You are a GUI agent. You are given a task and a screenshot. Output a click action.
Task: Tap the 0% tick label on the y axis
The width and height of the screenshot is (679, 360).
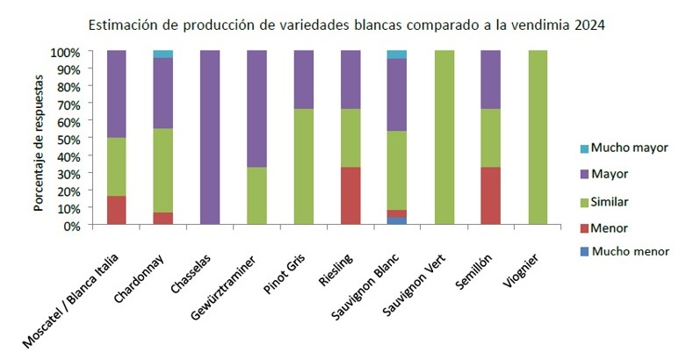tap(72, 226)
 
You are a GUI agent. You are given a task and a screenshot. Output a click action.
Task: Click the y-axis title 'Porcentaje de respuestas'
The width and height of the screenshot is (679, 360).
tap(40, 138)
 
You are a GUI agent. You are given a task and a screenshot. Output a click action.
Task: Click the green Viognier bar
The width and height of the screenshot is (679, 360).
tap(538, 138)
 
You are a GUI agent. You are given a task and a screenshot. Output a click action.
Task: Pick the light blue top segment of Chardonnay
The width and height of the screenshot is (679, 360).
tap(163, 54)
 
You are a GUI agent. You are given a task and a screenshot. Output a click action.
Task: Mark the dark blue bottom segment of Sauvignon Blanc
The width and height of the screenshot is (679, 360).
tap(397, 220)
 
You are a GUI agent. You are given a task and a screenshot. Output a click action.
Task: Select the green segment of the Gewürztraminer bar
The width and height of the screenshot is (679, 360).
tap(256, 196)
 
